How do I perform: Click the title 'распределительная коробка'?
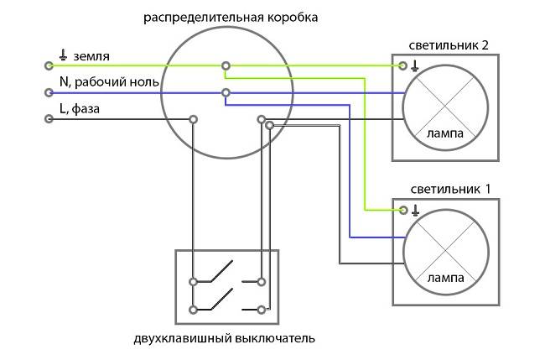point(231,17)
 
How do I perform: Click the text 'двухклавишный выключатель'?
point(224,339)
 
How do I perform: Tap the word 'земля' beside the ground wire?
point(91,56)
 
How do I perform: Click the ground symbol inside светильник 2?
point(415,65)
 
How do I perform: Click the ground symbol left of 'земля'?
point(63,55)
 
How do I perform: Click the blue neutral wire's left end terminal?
point(49,92)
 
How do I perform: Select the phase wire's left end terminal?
point(49,119)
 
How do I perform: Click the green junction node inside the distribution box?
point(225,65)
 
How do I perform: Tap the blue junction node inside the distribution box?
point(225,92)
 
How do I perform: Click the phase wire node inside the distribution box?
point(194,119)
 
